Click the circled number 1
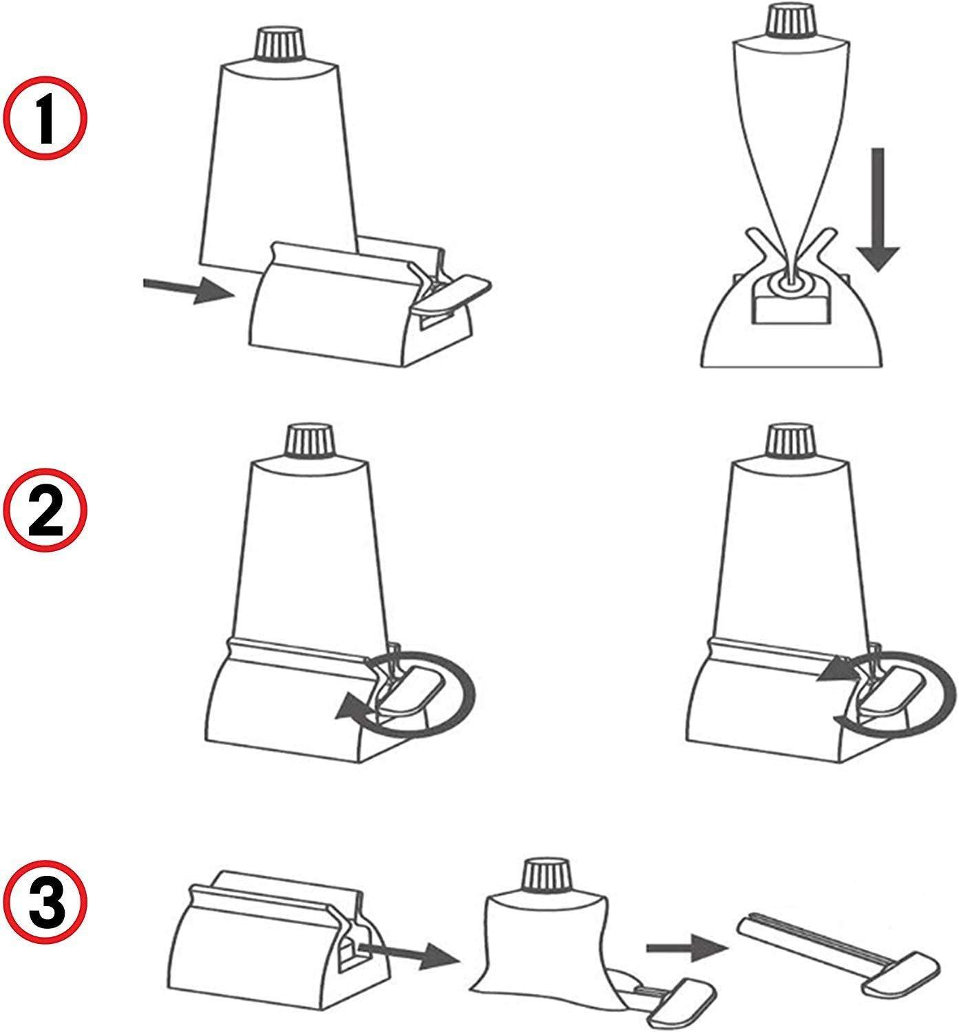(x=45, y=118)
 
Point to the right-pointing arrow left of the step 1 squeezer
(x=189, y=290)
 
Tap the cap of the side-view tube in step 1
(x=791, y=22)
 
